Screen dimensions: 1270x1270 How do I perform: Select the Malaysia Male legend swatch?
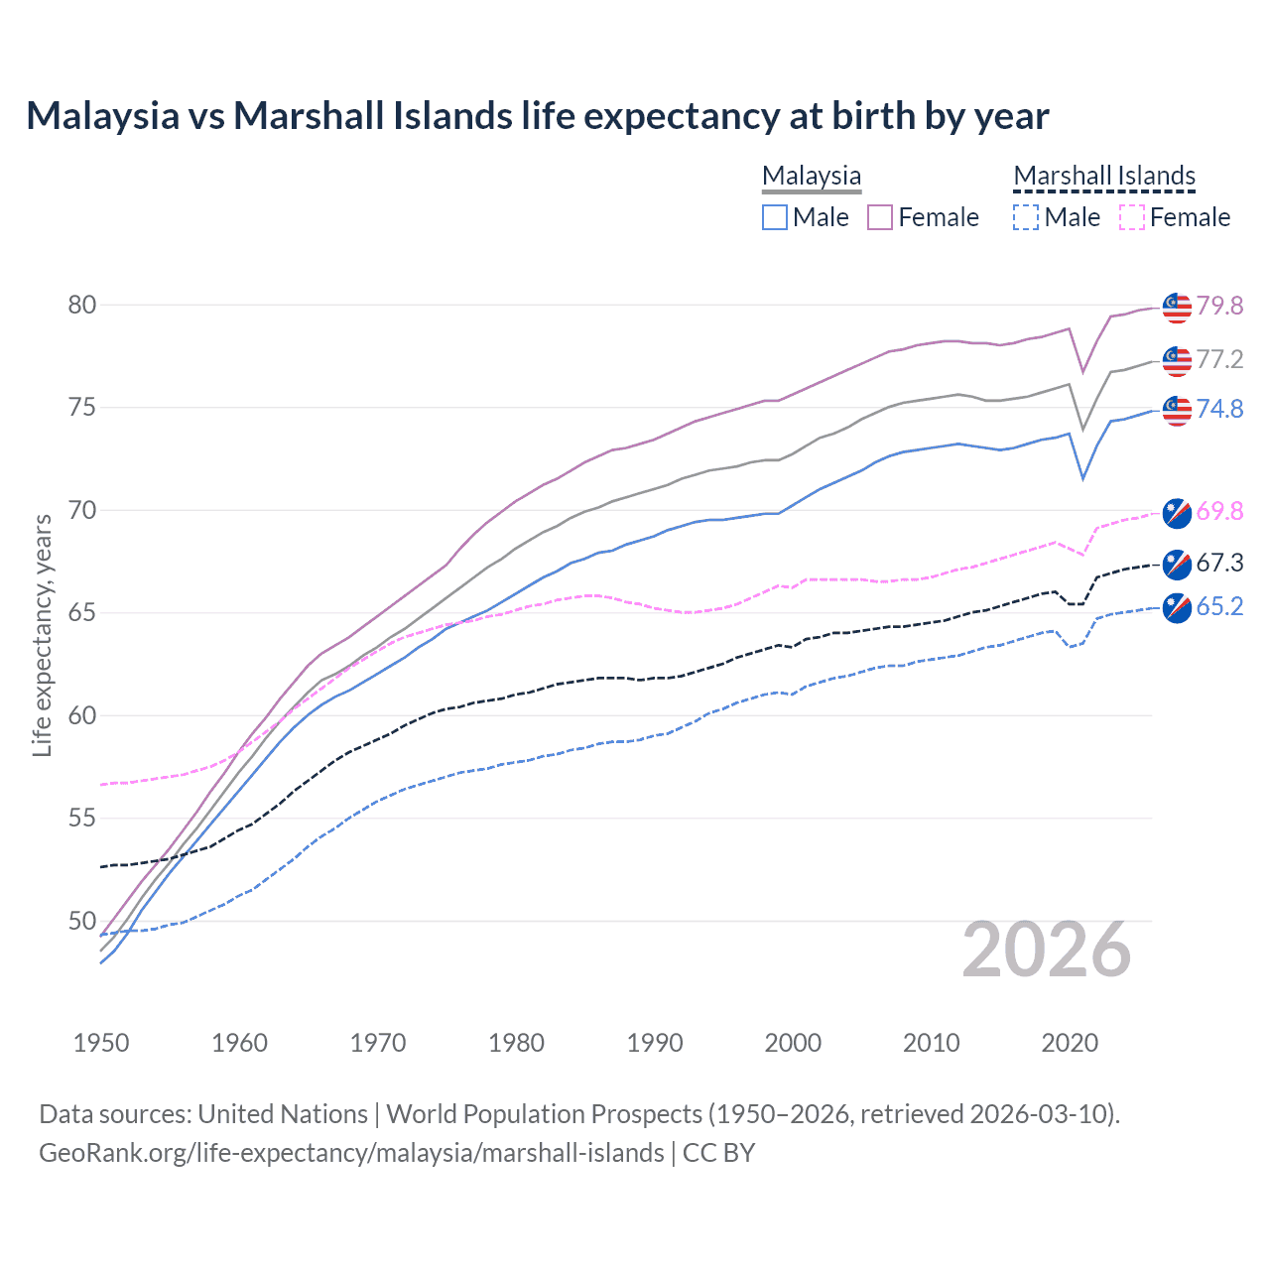pyautogui.click(x=775, y=217)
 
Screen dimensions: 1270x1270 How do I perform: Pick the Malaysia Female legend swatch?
pyautogui.click(x=880, y=217)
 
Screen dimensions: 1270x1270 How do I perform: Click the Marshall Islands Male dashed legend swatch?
pyautogui.click(x=1026, y=217)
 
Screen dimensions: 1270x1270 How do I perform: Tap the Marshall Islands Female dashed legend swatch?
pyautogui.click(x=1131, y=217)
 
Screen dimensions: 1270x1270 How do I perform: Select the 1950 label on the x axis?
pyautogui.click(x=101, y=1043)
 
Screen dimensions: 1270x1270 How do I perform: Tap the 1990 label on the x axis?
pyautogui.click(x=655, y=1043)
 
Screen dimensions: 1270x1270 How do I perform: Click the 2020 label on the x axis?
pyautogui.click(x=1070, y=1043)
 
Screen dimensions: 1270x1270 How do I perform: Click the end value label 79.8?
pyautogui.click(x=1219, y=306)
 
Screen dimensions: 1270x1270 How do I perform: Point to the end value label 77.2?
pyautogui.click(x=1219, y=359)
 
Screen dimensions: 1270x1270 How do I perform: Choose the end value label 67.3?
pyautogui.click(x=1219, y=564)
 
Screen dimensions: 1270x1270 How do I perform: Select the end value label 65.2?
pyautogui.click(x=1219, y=606)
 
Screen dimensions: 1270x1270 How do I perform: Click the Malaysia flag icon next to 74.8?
pyautogui.click(x=1177, y=410)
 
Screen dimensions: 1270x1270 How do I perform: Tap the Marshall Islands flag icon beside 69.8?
pyautogui.click(x=1177, y=512)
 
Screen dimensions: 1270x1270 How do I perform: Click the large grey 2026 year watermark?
pyautogui.click(x=1047, y=950)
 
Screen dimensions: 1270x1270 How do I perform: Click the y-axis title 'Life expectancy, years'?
pyautogui.click(x=43, y=635)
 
